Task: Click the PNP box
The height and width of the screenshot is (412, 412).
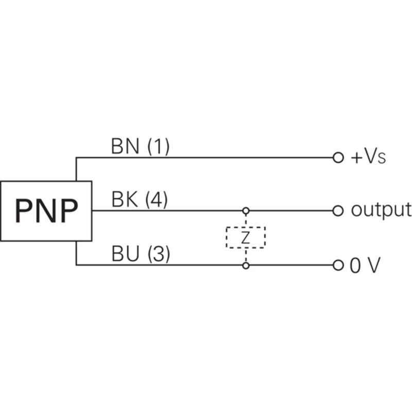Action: click(x=46, y=211)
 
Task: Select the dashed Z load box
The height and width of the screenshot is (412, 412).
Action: click(x=246, y=237)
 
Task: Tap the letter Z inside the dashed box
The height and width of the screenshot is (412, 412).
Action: click(x=246, y=237)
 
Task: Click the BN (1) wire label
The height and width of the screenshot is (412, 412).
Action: click(x=140, y=147)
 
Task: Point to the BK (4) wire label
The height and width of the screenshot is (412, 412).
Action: click(x=140, y=200)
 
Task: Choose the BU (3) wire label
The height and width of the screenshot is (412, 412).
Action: click(x=140, y=254)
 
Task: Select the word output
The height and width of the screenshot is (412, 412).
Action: click(x=381, y=210)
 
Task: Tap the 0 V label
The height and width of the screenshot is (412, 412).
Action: click(x=365, y=266)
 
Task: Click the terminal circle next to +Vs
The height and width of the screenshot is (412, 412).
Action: click(x=338, y=158)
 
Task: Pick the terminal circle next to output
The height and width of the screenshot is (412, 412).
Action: click(x=338, y=211)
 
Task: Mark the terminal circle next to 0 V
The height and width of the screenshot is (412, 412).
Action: click(x=338, y=266)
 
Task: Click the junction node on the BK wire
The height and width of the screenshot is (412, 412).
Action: click(x=246, y=211)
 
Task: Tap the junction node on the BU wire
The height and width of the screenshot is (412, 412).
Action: click(x=246, y=266)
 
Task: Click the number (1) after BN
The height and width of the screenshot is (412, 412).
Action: click(x=159, y=147)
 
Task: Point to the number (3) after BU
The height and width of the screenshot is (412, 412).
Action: click(x=158, y=254)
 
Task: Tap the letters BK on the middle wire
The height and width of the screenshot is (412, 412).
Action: click(x=124, y=200)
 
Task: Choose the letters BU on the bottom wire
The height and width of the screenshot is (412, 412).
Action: click(x=125, y=254)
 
